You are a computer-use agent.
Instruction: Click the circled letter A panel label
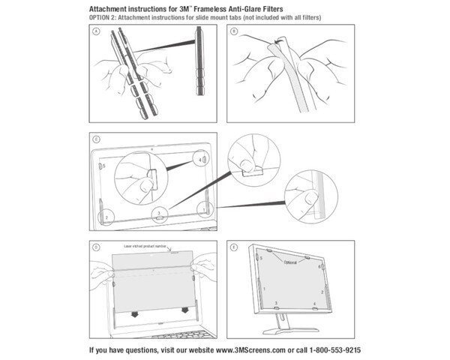click(94, 32)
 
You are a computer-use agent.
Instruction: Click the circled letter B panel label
click(234, 32)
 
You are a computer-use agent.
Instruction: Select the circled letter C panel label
click(94, 139)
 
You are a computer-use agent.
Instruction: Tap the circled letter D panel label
click(94, 247)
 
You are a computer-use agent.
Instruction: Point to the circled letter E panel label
click(234, 247)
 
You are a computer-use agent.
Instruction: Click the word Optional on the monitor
click(289, 263)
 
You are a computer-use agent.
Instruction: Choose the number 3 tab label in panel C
click(157, 213)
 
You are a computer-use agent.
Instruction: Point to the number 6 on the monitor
click(319, 267)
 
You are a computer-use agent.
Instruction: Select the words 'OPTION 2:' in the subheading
click(106, 16)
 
